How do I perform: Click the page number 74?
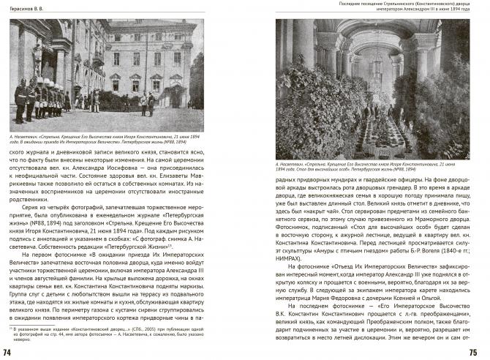(x=7, y=353)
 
